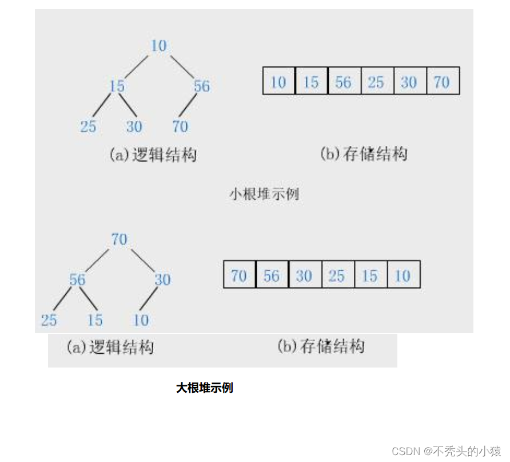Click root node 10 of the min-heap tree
click(x=158, y=46)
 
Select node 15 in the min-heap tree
click(x=117, y=86)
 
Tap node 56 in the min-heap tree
click(x=201, y=86)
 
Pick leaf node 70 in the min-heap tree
click(x=180, y=127)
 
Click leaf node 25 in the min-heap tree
click(x=88, y=127)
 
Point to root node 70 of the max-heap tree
click(x=119, y=239)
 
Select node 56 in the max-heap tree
click(x=77, y=279)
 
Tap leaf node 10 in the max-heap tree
click(x=141, y=320)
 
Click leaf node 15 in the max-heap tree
click(x=94, y=320)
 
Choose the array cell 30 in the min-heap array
click(x=408, y=82)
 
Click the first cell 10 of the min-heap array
click(x=278, y=82)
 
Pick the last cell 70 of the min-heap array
click(x=442, y=82)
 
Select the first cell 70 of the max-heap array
click(x=239, y=276)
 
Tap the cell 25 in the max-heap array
click(x=337, y=276)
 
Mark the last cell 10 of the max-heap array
click(x=403, y=276)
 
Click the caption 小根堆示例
click(x=264, y=194)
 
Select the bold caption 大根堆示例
click(x=205, y=388)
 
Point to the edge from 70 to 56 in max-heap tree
click(x=98, y=259)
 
